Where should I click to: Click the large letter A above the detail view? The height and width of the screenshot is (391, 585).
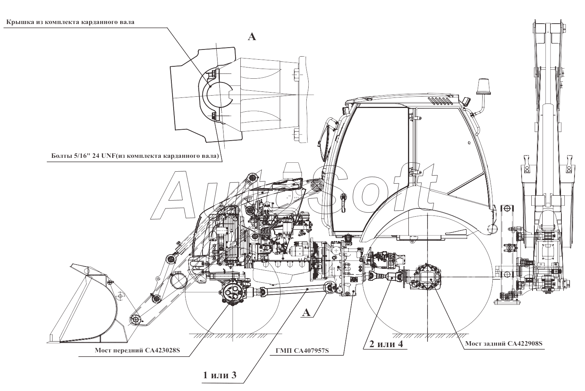[252, 37]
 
